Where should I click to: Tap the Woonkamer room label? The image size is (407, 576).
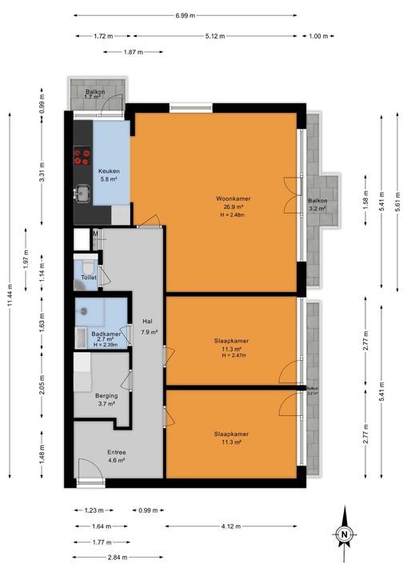pos(229,198)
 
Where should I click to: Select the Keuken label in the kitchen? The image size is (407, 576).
pos(109,172)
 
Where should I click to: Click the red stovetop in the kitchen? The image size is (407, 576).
pos(83,157)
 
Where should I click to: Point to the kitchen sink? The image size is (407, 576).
pos(83,192)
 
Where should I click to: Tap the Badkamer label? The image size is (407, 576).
pos(107,334)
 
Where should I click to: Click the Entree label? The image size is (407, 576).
pos(117,452)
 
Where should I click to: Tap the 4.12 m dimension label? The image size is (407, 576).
pos(232,526)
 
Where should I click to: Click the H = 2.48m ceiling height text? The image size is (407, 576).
pos(229,214)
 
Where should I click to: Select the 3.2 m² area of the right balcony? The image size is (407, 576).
pos(317,208)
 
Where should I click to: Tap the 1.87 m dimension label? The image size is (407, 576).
pos(134,52)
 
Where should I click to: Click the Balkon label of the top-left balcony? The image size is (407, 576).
pos(96,92)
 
